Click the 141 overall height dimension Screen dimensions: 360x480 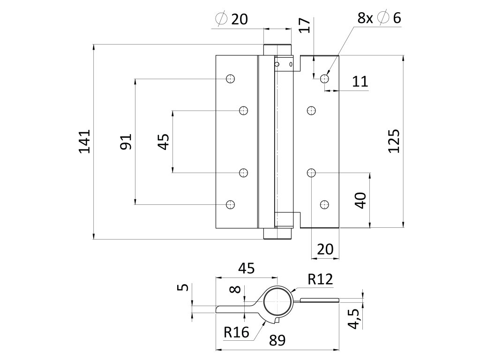tap(84, 141)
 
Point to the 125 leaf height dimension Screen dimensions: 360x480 tap(394, 141)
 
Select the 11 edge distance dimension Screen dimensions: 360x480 tap(360, 82)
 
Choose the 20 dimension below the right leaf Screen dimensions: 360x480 tap(325, 249)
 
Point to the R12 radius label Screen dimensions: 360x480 tap(320, 280)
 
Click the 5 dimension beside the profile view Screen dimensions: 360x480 tap(184, 286)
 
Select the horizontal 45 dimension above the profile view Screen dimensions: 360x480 tap(247, 268)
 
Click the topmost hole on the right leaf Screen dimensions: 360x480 tap(324, 78)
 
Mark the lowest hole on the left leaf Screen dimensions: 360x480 tap(230, 204)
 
